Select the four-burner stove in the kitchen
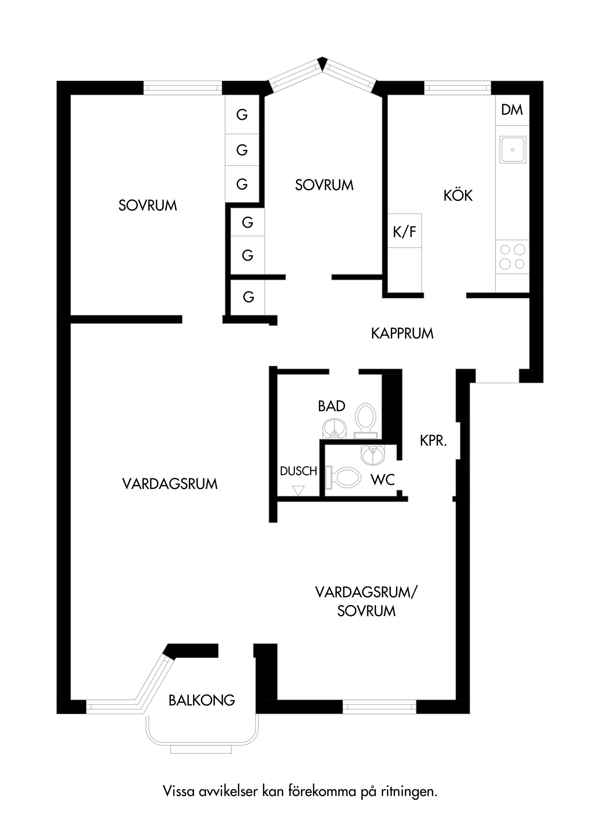[x=512, y=256]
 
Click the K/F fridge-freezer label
[x=405, y=231]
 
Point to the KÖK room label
[x=458, y=195]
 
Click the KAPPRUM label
[x=402, y=333]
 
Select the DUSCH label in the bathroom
[x=298, y=471]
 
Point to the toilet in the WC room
[x=343, y=477]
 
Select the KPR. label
[x=433, y=441]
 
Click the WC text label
[x=382, y=480]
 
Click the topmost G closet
[x=242, y=115]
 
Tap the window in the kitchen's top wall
[x=457, y=88]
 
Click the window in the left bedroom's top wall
[x=182, y=88]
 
